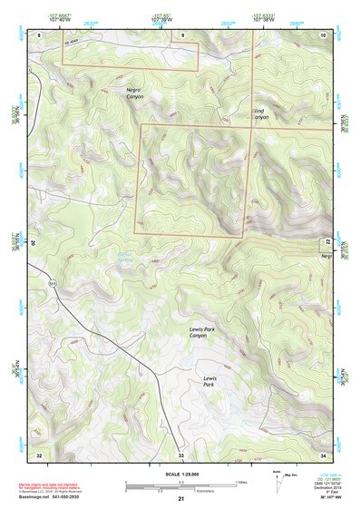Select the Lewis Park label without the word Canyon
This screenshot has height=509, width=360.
[210, 380]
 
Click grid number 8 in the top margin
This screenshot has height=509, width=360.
[39, 34]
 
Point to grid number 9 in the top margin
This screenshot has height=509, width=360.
[181, 34]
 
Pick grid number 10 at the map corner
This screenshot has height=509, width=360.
[324, 34]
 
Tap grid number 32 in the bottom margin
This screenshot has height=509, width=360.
[39, 454]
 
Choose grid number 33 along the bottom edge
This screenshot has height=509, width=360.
[180, 454]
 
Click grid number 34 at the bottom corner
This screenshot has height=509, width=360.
[324, 454]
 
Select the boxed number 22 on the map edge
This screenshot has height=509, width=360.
[326, 243]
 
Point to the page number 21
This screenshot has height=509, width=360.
[181, 499]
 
